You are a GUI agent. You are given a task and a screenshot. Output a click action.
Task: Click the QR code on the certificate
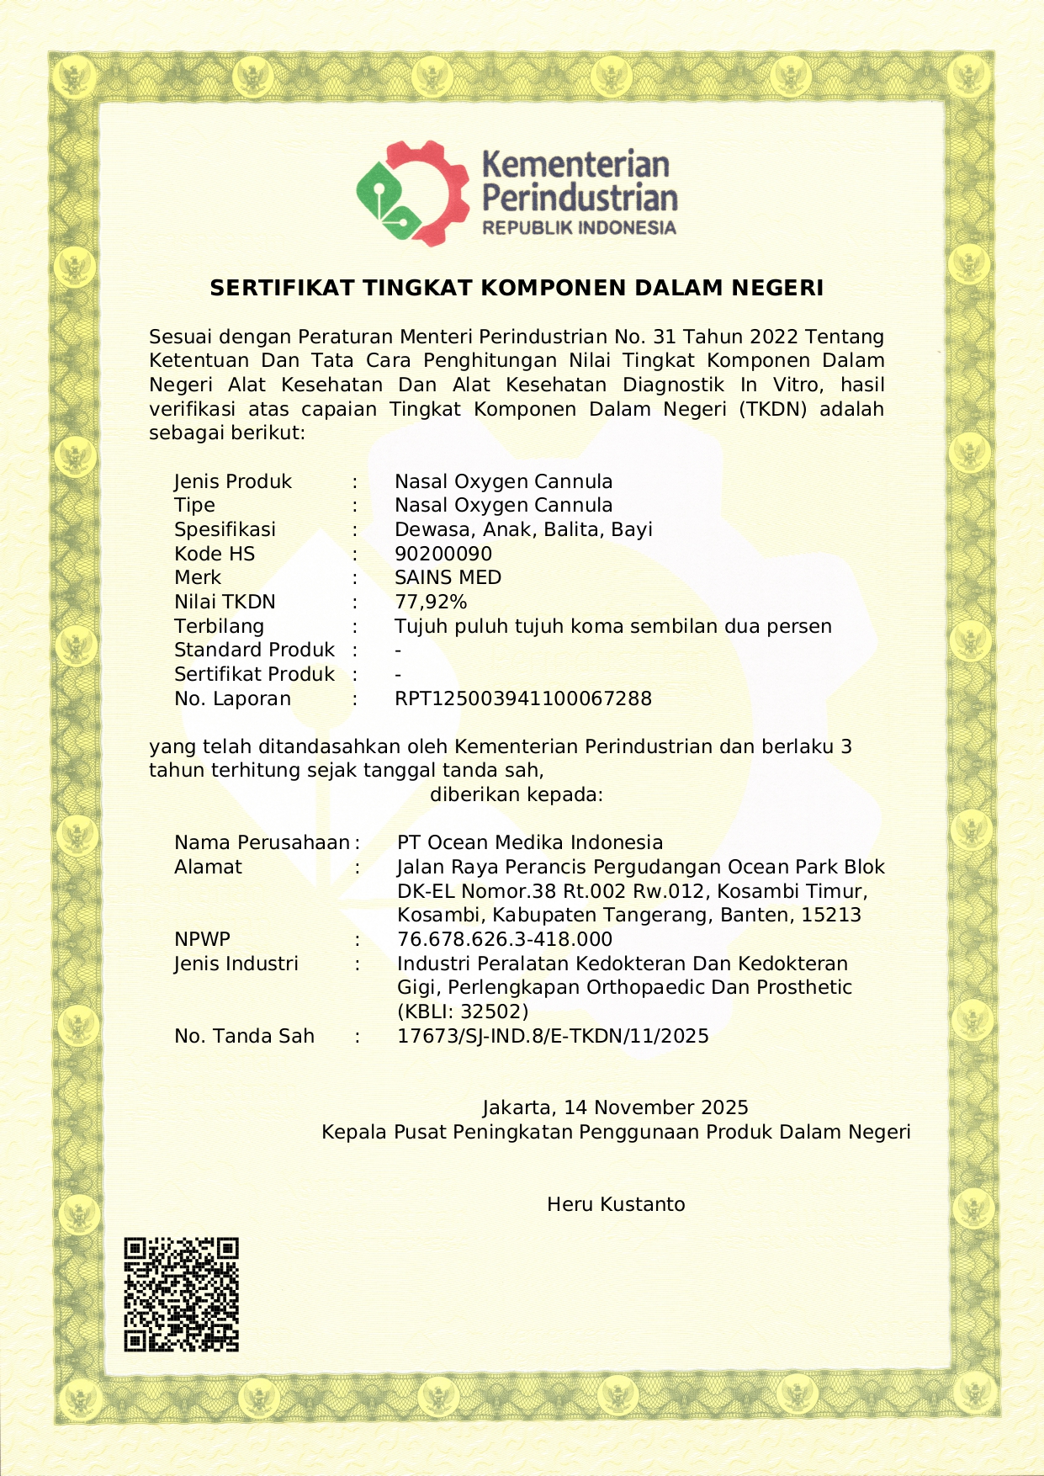(x=181, y=1294)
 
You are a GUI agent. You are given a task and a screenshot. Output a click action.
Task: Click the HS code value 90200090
(x=443, y=554)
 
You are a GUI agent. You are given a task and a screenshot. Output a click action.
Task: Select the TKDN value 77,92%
(x=431, y=602)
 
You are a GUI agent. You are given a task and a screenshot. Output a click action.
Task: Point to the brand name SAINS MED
(x=448, y=578)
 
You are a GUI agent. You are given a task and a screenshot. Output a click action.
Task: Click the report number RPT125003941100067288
(x=523, y=698)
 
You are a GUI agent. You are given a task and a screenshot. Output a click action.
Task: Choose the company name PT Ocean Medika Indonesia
(x=530, y=842)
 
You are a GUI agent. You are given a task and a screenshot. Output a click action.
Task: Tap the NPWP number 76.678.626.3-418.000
(x=505, y=939)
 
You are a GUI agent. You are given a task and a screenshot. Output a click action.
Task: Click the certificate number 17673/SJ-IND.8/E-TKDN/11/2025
(x=553, y=1036)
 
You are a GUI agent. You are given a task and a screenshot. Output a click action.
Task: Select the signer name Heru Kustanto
(x=616, y=1204)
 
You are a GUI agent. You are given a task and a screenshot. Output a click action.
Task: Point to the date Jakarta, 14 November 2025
(x=615, y=1107)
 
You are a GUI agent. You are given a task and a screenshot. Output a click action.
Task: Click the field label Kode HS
(x=215, y=554)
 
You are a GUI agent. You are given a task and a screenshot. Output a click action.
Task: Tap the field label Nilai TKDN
(x=225, y=602)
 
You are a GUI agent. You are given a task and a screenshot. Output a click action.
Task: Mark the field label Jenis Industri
(x=236, y=964)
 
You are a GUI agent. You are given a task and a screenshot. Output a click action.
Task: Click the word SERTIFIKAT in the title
(x=282, y=288)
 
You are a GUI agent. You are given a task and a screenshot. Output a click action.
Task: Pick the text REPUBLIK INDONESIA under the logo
(x=579, y=227)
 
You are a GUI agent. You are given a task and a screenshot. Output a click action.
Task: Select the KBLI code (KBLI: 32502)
(x=463, y=1011)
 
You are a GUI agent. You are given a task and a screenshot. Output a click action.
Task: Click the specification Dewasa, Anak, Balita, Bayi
(x=523, y=529)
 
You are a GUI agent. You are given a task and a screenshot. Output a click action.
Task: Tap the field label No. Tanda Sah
(x=244, y=1036)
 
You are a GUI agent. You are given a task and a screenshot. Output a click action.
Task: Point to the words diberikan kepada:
(x=517, y=794)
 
